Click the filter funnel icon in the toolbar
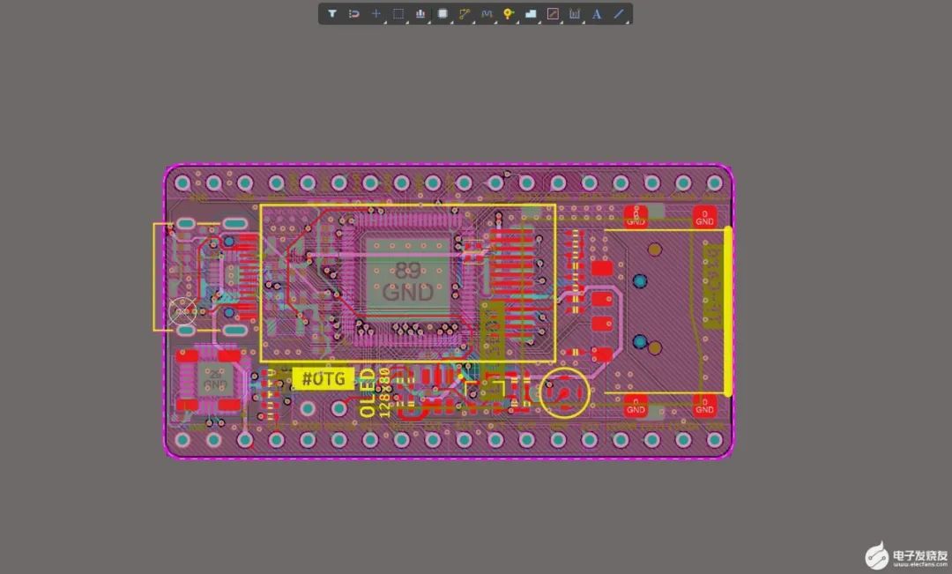(x=332, y=14)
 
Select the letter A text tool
(x=597, y=14)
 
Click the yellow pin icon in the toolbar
(x=509, y=14)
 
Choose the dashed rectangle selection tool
(x=398, y=14)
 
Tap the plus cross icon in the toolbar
(x=376, y=14)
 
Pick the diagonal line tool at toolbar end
(x=619, y=14)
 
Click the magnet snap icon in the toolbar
(x=354, y=14)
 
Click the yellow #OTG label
(x=323, y=379)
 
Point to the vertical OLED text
(x=368, y=393)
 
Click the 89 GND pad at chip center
(x=407, y=280)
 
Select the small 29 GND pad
(x=215, y=380)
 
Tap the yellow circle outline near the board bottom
(x=564, y=392)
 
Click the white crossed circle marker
(x=183, y=310)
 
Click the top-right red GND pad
(x=704, y=215)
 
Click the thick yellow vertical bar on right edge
(x=728, y=310)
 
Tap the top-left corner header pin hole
(x=182, y=183)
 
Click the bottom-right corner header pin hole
(x=714, y=438)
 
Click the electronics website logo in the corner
(x=904, y=555)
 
